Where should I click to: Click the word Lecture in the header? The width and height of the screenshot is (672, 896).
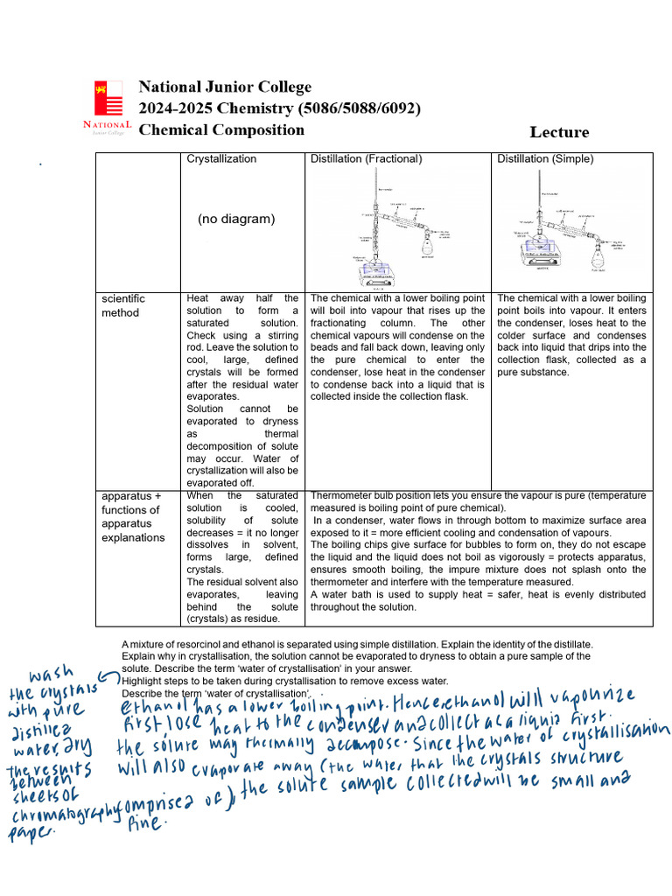point(559,132)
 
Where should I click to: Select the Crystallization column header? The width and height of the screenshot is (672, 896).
point(221,159)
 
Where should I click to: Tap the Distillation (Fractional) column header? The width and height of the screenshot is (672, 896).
point(366,159)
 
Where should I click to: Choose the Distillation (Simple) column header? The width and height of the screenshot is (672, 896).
point(545,159)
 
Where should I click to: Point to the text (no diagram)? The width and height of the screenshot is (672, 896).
point(235,219)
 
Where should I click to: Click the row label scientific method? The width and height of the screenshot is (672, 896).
point(123,305)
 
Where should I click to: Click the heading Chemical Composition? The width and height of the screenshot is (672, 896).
point(221,130)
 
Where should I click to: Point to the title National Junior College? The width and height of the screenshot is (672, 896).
point(225,87)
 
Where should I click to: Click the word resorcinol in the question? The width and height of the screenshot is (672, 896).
point(201,644)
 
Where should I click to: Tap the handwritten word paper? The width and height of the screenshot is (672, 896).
point(31,832)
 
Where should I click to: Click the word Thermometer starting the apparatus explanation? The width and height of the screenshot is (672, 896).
point(341,496)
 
